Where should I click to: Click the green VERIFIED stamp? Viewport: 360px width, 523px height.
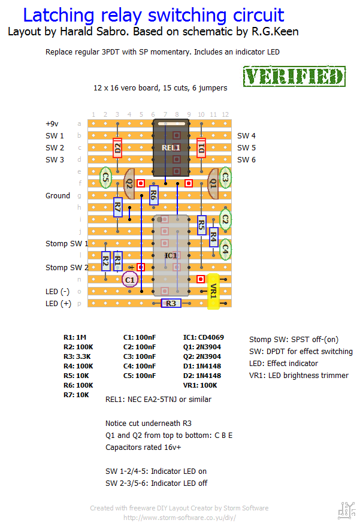point(295,77)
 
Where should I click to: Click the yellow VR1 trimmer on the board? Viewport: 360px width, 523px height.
point(213,292)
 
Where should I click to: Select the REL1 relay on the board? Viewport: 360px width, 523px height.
point(171,147)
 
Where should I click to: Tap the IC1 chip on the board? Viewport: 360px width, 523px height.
point(171,256)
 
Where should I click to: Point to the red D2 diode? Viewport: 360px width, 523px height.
point(117,147)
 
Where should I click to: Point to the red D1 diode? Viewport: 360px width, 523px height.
point(201,147)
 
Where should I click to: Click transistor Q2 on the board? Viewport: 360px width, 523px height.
point(129,183)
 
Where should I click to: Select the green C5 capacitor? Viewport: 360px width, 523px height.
point(105,177)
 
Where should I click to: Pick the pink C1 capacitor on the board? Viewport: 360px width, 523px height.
point(130,279)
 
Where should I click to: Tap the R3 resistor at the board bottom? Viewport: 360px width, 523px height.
point(171,304)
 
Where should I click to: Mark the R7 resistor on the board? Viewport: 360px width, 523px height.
point(117,208)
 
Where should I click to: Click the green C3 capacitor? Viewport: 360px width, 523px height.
point(225,178)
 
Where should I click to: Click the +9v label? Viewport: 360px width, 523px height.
point(52,123)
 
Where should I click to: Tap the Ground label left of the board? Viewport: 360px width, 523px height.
point(58,195)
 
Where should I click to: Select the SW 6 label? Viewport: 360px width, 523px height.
point(246,159)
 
